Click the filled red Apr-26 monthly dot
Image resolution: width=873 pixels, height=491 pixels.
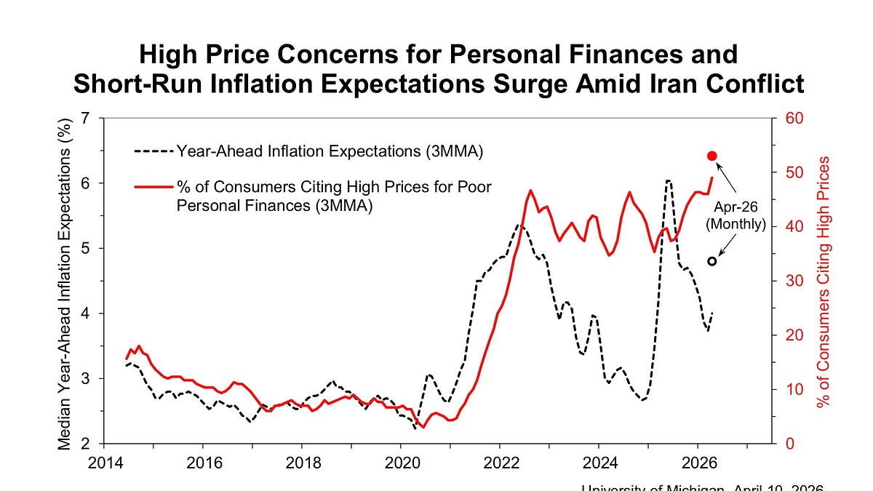point(712,156)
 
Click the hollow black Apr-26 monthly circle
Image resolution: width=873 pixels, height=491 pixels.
point(712,261)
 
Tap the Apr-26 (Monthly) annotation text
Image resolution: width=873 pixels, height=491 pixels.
point(736,215)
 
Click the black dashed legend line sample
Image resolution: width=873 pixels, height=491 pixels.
point(154,151)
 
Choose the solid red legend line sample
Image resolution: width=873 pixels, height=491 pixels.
point(154,188)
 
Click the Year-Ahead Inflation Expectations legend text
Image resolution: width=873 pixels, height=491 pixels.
point(330,151)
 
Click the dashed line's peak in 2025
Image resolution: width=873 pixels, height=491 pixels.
point(668,180)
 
